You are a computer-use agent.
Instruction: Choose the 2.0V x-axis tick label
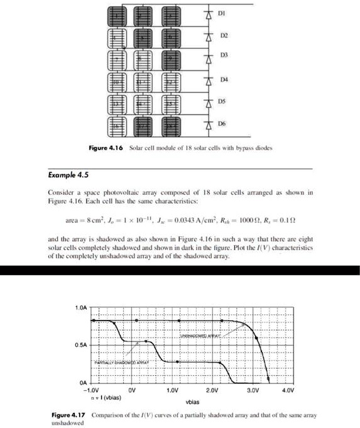216,390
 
